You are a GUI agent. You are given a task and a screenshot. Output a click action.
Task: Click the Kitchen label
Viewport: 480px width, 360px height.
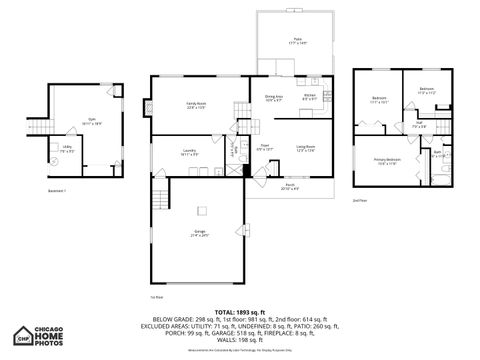click(310, 97)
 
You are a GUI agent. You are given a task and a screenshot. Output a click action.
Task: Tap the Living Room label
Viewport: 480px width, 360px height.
click(305, 148)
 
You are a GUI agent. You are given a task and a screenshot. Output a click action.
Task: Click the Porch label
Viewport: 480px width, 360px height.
click(290, 187)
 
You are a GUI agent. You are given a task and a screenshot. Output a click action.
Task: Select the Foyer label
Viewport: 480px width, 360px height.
click(265, 148)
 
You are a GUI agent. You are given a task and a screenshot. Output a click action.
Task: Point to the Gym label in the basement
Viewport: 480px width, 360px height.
click(91, 121)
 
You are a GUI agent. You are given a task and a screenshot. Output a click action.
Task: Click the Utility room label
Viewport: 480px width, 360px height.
click(67, 148)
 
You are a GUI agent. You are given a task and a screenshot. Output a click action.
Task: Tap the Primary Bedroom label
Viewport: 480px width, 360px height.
click(388, 160)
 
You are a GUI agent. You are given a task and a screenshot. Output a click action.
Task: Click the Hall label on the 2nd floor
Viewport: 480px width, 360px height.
click(419, 126)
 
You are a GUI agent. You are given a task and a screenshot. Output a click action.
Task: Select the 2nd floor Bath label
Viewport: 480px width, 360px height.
click(437, 153)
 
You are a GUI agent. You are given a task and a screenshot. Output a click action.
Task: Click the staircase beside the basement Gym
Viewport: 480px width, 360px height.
click(38, 131)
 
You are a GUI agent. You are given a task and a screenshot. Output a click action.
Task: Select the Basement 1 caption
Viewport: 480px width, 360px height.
click(57, 189)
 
